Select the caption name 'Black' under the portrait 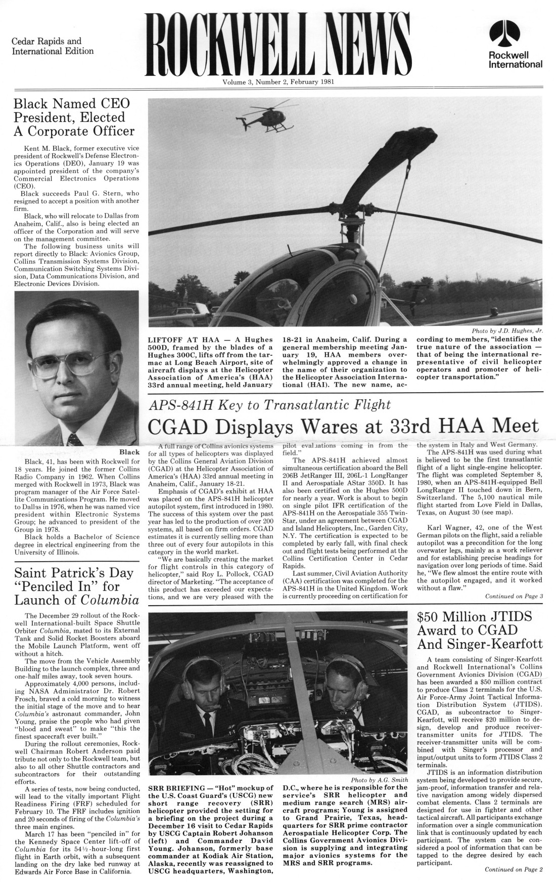click(x=128, y=451)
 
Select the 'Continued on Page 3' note click(x=514, y=596)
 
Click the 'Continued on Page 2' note click(x=514, y=870)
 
